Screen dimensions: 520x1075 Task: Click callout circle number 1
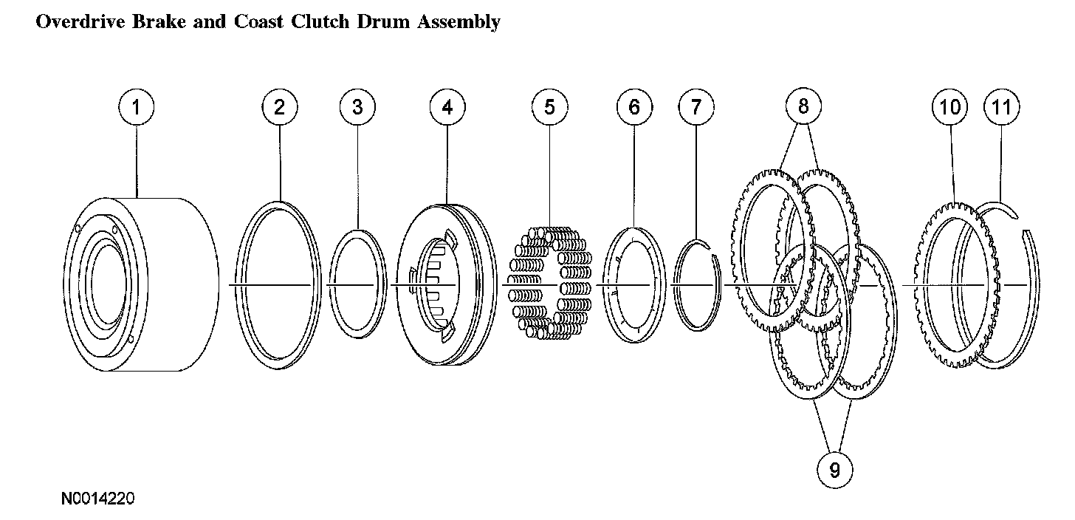pos(136,107)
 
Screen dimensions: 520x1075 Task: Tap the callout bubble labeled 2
pos(279,107)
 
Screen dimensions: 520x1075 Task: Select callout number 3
pos(357,107)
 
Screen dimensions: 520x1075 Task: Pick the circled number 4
pos(447,107)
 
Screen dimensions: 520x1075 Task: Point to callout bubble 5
pos(550,107)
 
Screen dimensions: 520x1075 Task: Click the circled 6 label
pos(635,107)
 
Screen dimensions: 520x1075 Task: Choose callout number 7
pos(696,107)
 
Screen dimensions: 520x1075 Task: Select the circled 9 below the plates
pos(834,470)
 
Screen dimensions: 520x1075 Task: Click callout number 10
pos(949,107)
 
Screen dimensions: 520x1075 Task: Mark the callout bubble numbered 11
pos(1001,107)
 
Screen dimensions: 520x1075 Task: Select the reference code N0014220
pos(98,499)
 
